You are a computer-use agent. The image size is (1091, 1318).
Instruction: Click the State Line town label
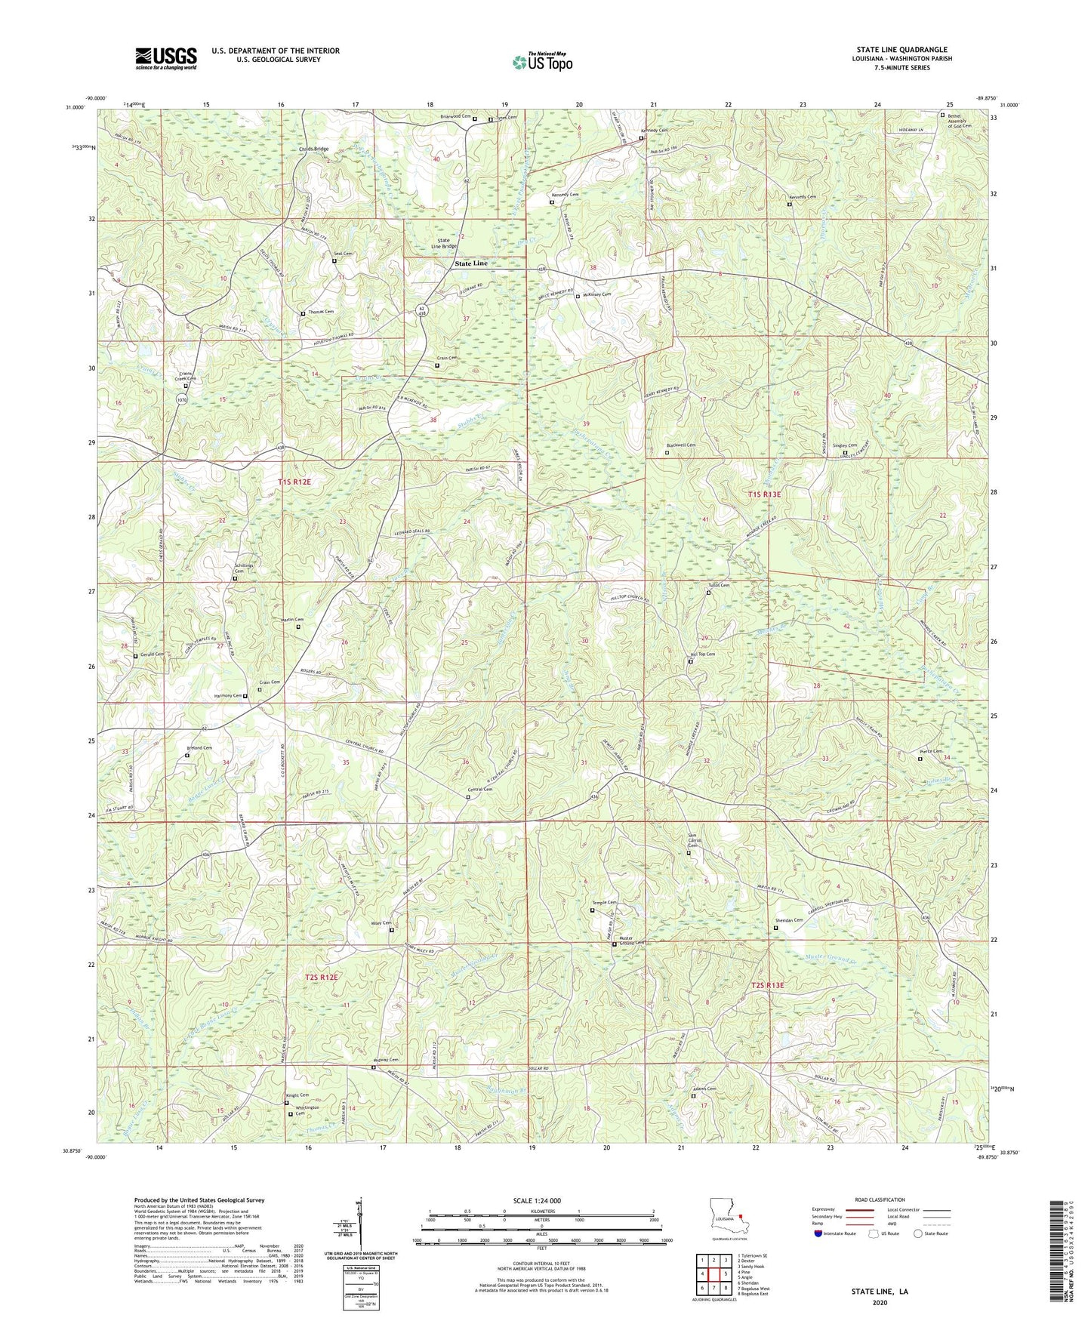pos(471,263)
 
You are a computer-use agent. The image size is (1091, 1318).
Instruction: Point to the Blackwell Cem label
pos(680,445)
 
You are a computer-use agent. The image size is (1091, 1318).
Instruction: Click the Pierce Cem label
pos(931,752)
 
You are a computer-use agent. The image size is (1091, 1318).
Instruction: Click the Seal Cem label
pos(344,254)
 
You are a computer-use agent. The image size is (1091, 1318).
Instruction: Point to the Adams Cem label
pos(704,1089)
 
